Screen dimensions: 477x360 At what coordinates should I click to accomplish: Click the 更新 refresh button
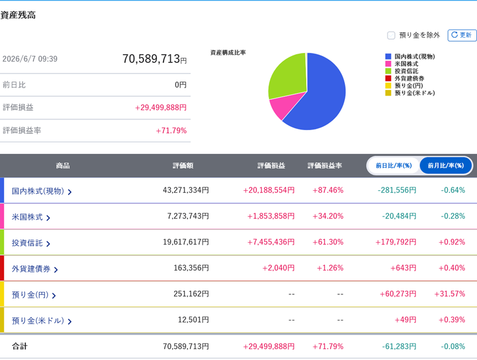(462, 35)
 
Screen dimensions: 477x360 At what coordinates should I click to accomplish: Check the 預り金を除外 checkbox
(391, 35)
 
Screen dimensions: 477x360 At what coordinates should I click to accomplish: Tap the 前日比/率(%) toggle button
(394, 165)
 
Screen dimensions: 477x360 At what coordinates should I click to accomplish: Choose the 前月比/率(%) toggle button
(445, 165)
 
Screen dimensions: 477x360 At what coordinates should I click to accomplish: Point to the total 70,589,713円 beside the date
(155, 58)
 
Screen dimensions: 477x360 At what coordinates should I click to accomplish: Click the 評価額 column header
(183, 165)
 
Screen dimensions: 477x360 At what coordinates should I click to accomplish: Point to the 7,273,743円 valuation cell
(188, 216)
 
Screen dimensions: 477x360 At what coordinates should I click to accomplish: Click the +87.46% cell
(328, 190)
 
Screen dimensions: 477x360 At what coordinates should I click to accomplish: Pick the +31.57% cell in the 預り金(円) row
(450, 294)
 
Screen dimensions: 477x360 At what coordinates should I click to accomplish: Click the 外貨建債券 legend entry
(405, 78)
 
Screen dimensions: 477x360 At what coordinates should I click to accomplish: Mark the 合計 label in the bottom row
(19, 347)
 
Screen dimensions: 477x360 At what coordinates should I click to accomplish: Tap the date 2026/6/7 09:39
(30, 59)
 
